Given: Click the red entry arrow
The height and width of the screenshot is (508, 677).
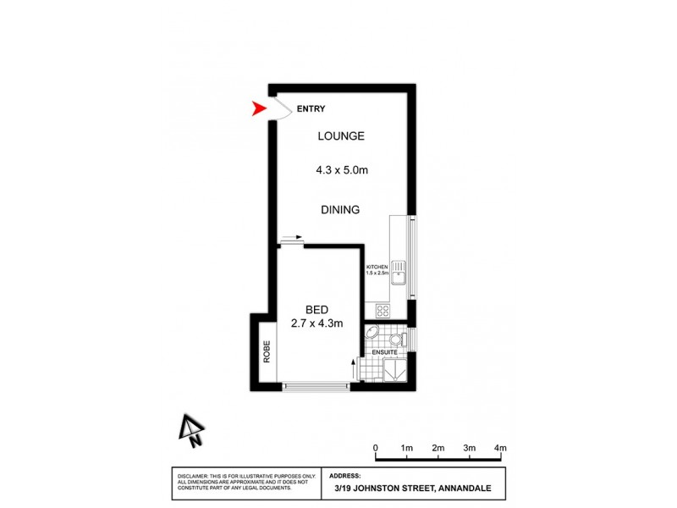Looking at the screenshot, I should pyautogui.click(x=260, y=108).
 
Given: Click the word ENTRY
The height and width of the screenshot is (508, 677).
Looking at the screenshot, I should pyautogui.click(x=311, y=109).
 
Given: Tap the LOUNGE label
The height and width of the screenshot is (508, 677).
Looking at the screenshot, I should pyautogui.click(x=341, y=136).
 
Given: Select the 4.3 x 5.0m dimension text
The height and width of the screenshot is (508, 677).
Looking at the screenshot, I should pyautogui.click(x=341, y=170).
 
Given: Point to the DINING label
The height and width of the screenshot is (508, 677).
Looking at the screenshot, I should pyautogui.click(x=340, y=210).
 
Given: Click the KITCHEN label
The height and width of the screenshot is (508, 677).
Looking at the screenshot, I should pyautogui.click(x=377, y=267).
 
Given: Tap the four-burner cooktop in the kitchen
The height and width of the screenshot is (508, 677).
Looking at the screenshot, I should pyautogui.click(x=382, y=310).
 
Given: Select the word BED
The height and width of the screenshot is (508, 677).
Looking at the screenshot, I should pyautogui.click(x=316, y=309).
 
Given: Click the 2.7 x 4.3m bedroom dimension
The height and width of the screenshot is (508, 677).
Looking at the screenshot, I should pyautogui.click(x=316, y=323).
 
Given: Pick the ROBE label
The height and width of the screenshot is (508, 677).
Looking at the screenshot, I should pyautogui.click(x=266, y=351).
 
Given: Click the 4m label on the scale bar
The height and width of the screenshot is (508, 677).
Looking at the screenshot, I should pyautogui.click(x=500, y=448).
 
